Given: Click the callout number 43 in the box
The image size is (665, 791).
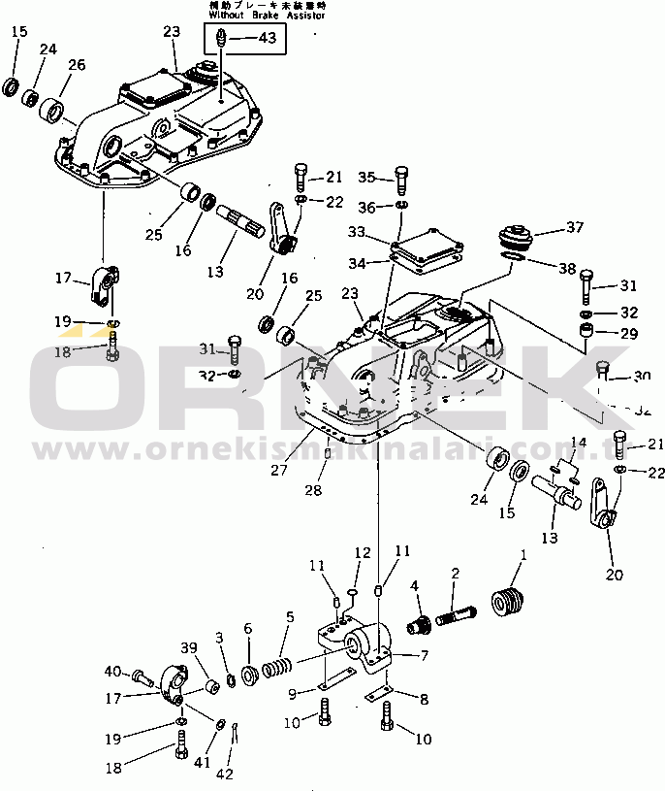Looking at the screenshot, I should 266,38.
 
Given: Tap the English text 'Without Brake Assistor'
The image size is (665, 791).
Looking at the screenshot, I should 266,16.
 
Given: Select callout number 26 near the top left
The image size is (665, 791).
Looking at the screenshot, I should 76,65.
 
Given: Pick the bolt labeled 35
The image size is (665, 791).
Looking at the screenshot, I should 402,180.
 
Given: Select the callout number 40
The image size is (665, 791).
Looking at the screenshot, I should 112,671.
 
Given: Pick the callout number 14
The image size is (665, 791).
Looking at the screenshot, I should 578,443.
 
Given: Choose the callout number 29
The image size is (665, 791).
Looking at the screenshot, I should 629,333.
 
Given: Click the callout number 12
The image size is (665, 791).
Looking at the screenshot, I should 362,552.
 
